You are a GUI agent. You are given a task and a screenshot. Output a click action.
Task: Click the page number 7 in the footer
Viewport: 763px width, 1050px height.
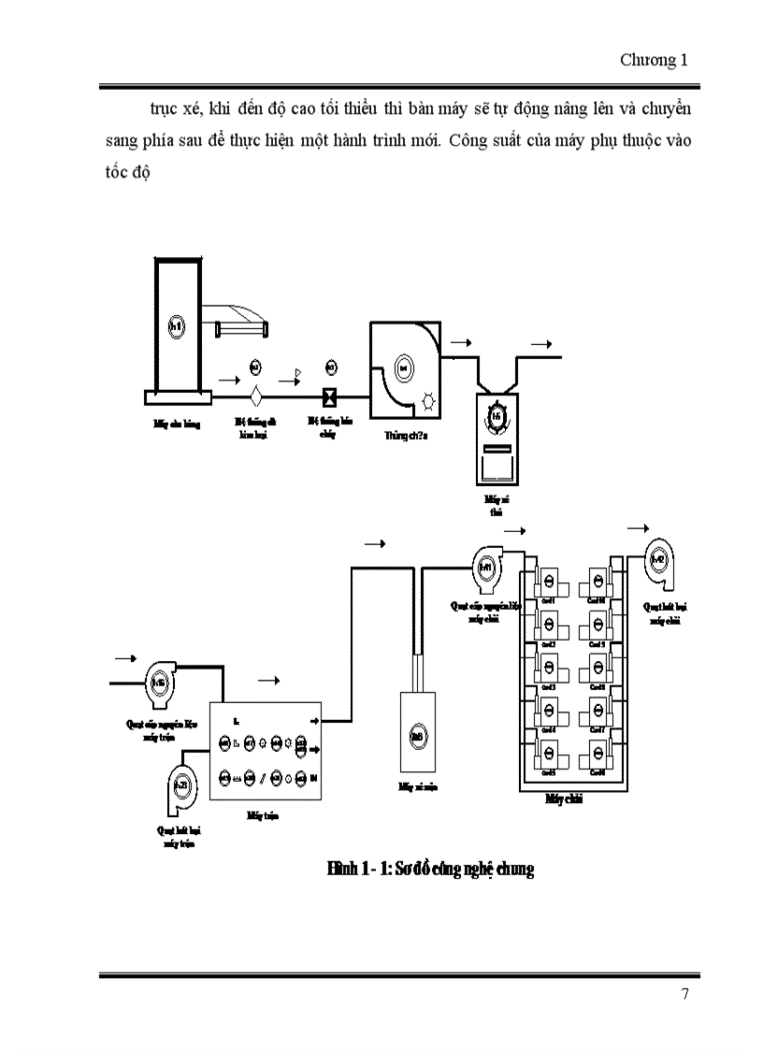(x=684, y=994)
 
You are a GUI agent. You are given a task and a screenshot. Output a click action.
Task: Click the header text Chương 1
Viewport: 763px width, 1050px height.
(x=654, y=61)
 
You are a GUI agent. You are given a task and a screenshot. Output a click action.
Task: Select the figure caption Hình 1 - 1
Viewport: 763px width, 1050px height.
(x=430, y=870)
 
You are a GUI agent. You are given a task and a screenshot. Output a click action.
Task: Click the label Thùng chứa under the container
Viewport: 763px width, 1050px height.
(x=404, y=436)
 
